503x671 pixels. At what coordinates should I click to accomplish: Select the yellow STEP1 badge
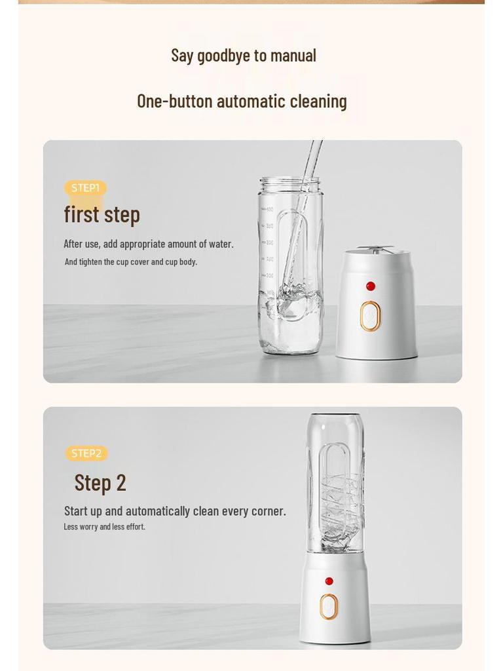pos(85,188)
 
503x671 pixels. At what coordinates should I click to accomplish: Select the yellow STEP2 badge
pos(86,453)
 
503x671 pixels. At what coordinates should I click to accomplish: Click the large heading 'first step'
pos(102,214)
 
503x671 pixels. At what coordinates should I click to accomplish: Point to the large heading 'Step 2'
pos(100,483)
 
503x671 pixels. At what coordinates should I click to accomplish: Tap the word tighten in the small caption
pos(91,262)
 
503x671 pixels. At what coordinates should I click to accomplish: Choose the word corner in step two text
pos(267,512)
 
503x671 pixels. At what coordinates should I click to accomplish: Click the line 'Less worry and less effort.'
pos(104,527)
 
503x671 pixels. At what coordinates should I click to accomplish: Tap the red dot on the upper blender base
pos(371,286)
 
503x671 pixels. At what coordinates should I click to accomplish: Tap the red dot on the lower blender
pos(329,581)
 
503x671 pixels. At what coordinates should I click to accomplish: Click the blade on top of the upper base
pos(376,249)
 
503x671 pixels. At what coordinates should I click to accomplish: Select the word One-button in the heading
pos(174,102)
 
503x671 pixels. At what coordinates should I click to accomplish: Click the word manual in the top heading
pos(293,56)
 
